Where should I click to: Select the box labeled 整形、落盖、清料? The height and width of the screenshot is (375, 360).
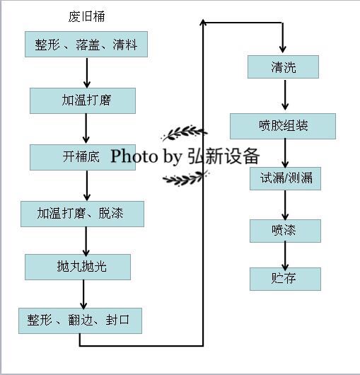[86, 45]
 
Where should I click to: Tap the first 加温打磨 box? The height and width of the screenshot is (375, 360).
[82, 100]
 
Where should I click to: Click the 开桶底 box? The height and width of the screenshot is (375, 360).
[82, 156]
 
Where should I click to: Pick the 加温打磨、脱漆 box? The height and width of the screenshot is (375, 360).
[82, 214]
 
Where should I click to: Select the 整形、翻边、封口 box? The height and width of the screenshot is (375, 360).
[80, 321]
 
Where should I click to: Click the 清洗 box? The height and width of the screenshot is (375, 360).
[283, 67]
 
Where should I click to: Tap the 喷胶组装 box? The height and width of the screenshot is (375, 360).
[283, 127]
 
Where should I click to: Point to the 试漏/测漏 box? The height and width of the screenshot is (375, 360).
[285, 178]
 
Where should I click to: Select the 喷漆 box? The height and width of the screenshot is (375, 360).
[285, 231]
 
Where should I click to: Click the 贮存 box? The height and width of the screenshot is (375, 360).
[285, 278]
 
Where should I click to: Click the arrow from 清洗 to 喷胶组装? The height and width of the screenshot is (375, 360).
[285, 96]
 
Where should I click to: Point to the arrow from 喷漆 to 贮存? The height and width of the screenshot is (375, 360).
[285, 255]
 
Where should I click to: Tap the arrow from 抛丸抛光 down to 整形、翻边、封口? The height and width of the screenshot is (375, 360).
[83, 294]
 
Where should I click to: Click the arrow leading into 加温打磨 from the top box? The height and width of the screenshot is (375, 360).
[86, 73]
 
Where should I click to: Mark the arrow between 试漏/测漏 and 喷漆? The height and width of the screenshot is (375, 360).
[285, 204]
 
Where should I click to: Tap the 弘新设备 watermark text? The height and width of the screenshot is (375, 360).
[223, 156]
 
